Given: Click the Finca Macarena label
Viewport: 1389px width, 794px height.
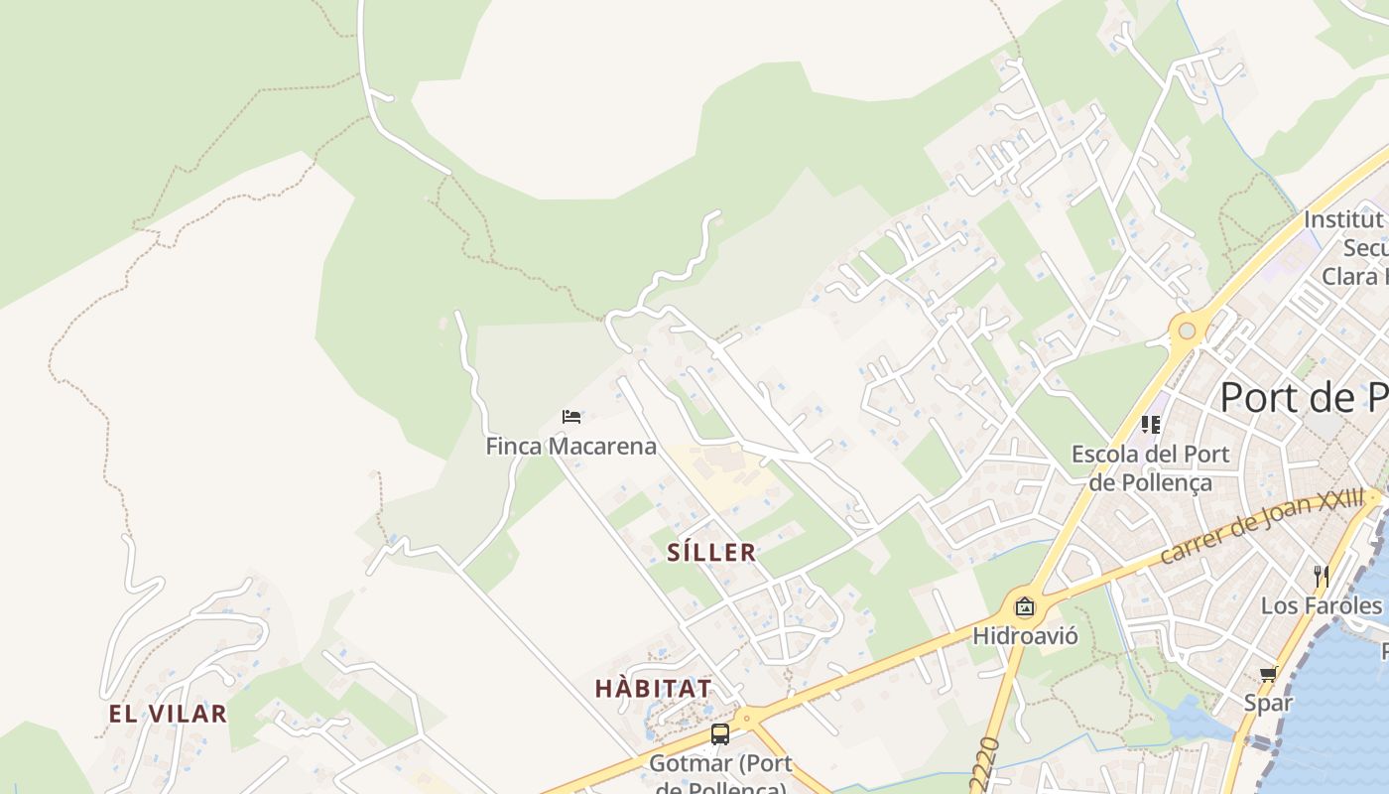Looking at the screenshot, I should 570,447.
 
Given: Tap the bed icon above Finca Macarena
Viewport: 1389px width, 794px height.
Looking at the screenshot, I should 570,417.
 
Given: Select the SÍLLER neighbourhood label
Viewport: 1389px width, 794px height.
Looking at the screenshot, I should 711,553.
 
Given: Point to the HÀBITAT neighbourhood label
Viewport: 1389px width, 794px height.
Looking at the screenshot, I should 653,688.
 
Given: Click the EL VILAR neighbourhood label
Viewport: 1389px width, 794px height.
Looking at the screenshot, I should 168,714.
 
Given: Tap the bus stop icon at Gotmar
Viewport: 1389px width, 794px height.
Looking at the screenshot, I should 720,734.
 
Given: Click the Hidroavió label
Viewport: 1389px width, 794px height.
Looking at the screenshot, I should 1025,635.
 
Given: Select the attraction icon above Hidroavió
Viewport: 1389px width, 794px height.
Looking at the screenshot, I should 1025,606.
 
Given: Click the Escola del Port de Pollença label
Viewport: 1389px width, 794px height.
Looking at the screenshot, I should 1150,467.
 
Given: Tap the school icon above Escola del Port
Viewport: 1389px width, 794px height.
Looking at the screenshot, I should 1151,425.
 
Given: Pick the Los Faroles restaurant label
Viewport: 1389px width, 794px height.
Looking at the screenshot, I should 1321,604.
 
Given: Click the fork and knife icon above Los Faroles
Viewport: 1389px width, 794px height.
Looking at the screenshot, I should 1321,576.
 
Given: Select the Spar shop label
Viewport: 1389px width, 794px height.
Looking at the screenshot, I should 1268,703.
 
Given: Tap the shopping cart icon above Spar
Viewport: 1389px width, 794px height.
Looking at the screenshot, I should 1268,675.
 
